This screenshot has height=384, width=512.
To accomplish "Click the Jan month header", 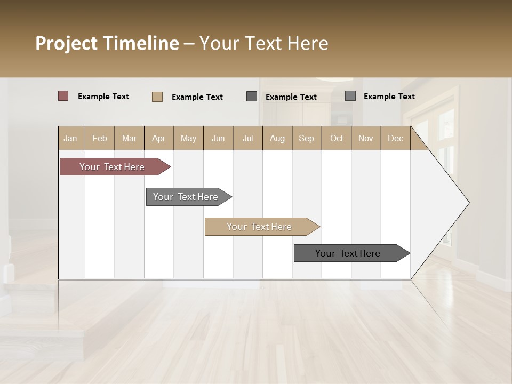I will coord(71,138).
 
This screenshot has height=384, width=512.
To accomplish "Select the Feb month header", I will coord(100,138).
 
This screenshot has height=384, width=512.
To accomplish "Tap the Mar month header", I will coord(129,138).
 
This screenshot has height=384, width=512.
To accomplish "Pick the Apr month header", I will coord(159,138).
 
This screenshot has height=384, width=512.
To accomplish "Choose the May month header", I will coord(188,138).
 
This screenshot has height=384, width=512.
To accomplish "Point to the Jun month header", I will coord(218,138).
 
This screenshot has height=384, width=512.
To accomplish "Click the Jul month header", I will coord(247,138).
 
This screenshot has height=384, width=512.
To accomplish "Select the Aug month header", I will coord(277,138).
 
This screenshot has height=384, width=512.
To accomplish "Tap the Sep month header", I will coord(307,138).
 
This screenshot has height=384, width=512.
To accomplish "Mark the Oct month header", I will coord(337,138).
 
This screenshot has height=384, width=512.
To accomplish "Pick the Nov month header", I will coord(366,138).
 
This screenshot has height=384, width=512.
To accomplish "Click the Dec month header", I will coord(396,138).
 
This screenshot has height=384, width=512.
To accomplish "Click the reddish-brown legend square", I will coord(63,96).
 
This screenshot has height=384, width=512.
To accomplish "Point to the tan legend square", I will coord(157,97).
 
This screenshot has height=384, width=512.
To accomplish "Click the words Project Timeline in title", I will coord(107,43).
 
